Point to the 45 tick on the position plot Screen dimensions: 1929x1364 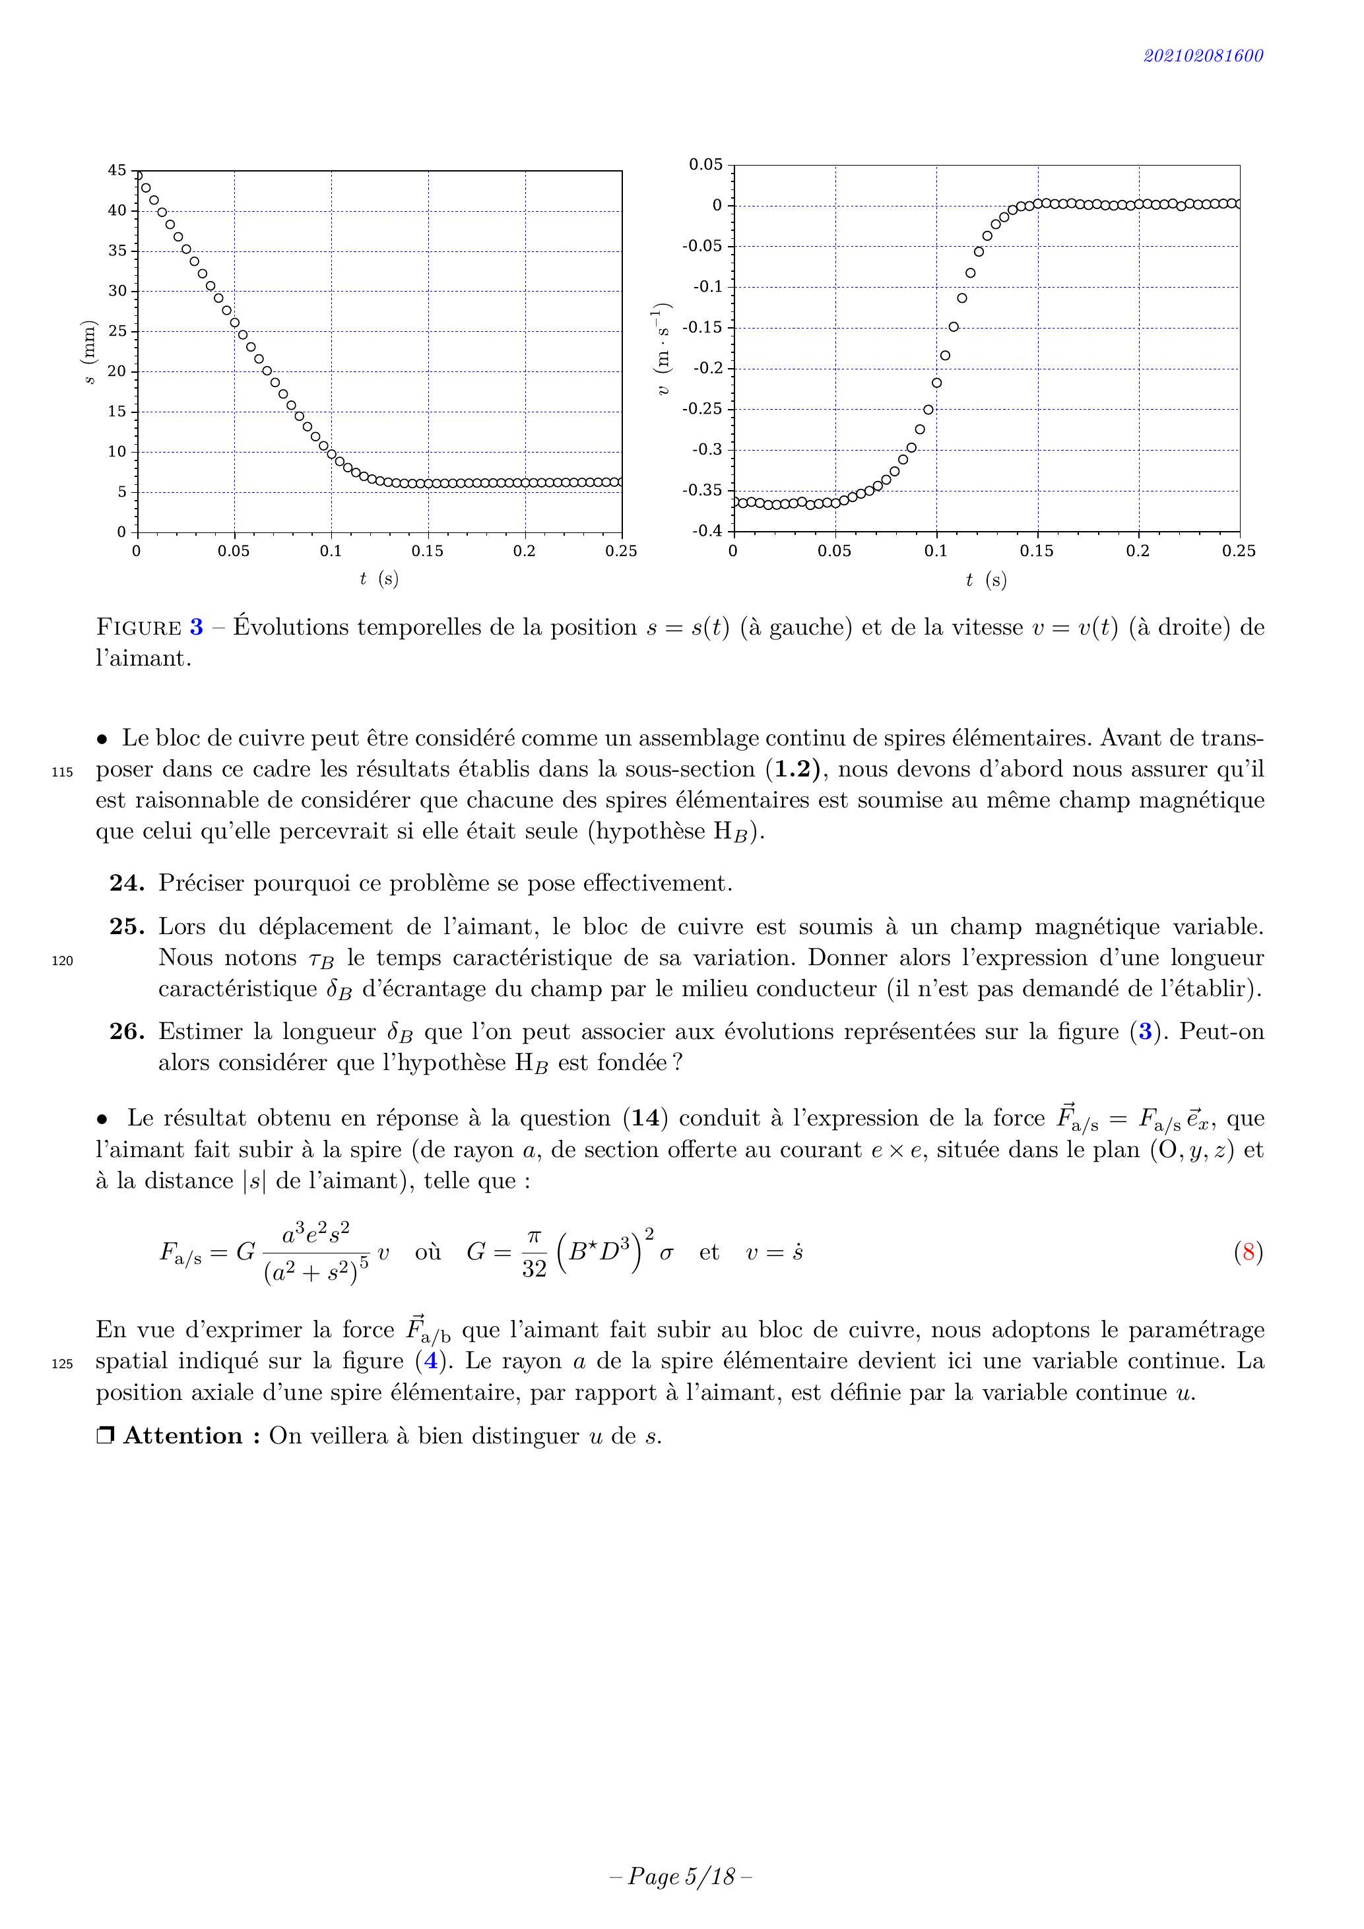coord(117,171)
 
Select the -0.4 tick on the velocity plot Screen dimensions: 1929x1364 coord(707,531)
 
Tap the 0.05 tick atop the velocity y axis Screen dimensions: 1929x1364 coord(706,165)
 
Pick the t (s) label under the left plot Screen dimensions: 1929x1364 coord(379,579)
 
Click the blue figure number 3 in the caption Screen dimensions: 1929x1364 coord(196,627)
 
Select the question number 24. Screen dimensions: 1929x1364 coord(127,883)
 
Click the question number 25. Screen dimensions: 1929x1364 coord(127,927)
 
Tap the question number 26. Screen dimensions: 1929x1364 coord(127,1032)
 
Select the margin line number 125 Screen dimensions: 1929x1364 coord(62,1364)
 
